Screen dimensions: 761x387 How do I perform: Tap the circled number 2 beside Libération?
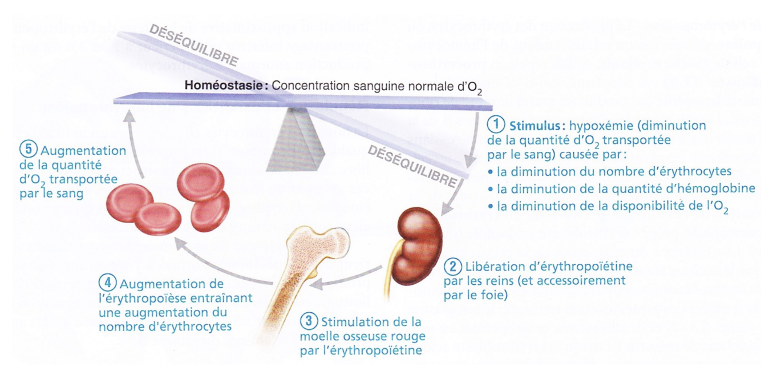(x=453, y=267)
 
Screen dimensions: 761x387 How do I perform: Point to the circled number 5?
(x=27, y=151)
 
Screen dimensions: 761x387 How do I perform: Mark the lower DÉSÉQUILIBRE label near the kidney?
(x=412, y=166)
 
